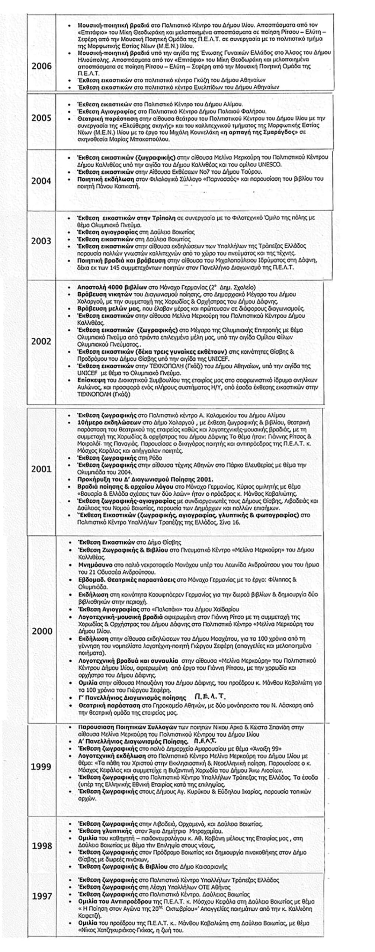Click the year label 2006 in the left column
[41, 66]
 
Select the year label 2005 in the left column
[41, 118]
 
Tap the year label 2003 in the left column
[41, 241]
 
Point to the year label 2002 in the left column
[41, 341]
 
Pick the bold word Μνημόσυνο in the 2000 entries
[94, 565]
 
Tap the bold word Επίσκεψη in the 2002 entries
[89, 381]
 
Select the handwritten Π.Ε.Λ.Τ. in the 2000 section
[211, 697]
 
